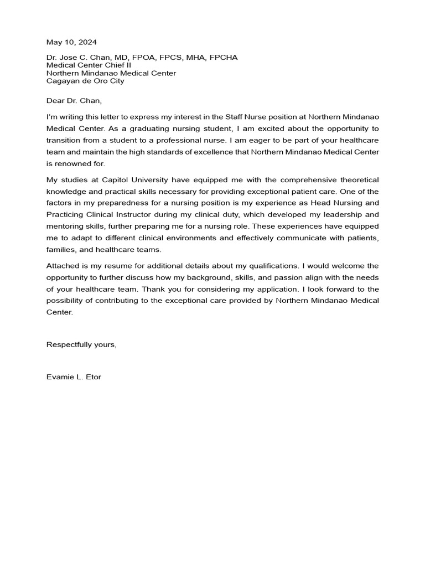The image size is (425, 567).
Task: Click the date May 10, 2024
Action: tap(71, 42)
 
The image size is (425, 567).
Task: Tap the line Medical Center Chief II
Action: tap(89, 65)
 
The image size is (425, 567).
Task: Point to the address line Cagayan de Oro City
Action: tap(85, 81)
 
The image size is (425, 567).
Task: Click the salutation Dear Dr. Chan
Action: tap(75, 101)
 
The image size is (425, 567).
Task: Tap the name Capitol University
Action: tap(131, 180)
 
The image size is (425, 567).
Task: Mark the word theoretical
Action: tap(357, 180)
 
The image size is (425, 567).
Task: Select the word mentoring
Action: tap(65, 226)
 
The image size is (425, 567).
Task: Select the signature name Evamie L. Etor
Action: tap(74, 377)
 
